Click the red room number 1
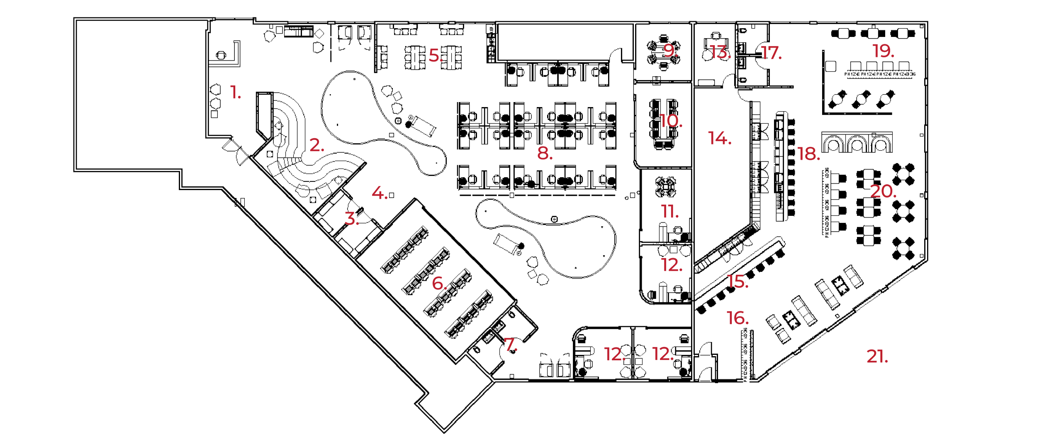(235, 91)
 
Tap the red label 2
(316, 145)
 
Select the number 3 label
(351, 218)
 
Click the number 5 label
(435, 55)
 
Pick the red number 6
(439, 283)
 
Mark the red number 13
(719, 52)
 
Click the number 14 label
(719, 138)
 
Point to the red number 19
(883, 51)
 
